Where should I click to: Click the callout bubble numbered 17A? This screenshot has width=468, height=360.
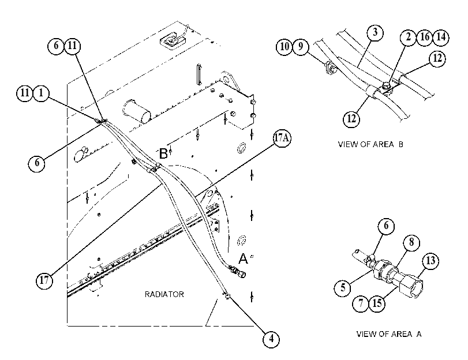(x=282, y=138)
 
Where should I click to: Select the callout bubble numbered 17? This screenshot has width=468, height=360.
(x=44, y=280)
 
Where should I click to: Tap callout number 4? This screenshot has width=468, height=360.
(x=271, y=339)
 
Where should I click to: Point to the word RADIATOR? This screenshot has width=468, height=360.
(x=164, y=294)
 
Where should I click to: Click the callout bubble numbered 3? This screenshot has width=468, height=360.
(x=375, y=32)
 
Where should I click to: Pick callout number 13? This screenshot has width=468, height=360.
(x=430, y=261)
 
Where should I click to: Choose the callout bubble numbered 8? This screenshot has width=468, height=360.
(x=411, y=242)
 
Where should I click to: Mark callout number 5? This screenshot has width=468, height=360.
(x=343, y=288)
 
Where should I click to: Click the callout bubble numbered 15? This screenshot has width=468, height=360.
(x=377, y=303)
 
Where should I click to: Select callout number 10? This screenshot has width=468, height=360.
(x=284, y=47)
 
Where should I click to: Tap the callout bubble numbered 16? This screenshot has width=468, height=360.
(x=424, y=37)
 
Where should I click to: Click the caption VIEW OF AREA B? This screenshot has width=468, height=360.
(x=370, y=144)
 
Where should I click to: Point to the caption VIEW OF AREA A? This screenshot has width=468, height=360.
(x=389, y=334)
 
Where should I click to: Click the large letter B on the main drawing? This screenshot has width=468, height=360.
(x=163, y=153)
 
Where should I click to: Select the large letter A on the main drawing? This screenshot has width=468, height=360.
(x=244, y=259)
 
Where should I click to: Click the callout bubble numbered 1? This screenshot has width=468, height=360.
(x=41, y=93)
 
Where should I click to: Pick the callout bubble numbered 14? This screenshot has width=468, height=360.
(x=441, y=37)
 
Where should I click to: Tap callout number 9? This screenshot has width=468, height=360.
(x=300, y=47)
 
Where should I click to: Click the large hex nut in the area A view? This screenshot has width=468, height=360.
(x=411, y=286)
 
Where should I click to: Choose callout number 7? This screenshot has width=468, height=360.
(x=361, y=303)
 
